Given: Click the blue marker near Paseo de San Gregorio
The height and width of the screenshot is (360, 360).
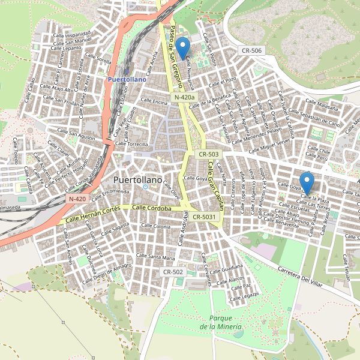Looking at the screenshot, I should point(182,47).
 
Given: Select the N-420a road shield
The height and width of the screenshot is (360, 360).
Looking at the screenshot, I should point(184,97).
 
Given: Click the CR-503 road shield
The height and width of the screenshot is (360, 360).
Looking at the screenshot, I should point(209,154).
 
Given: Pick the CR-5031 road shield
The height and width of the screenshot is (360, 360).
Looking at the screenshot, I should point(204,217).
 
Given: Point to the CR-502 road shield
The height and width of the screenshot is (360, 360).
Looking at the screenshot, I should point(173,272).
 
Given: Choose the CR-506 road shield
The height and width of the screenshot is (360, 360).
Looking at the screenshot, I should point(250,50).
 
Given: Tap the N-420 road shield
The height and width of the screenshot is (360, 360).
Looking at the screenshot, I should point(77,198).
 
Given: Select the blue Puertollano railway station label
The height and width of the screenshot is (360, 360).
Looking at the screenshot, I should point(126,79).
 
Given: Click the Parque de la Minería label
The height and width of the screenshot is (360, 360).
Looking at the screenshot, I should point(221,322).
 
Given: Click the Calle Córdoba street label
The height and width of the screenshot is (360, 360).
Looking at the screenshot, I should point(152,208).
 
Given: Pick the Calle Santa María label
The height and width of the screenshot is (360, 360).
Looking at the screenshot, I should point(156,257).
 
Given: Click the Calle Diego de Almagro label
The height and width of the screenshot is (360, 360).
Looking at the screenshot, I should point(109,269).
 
